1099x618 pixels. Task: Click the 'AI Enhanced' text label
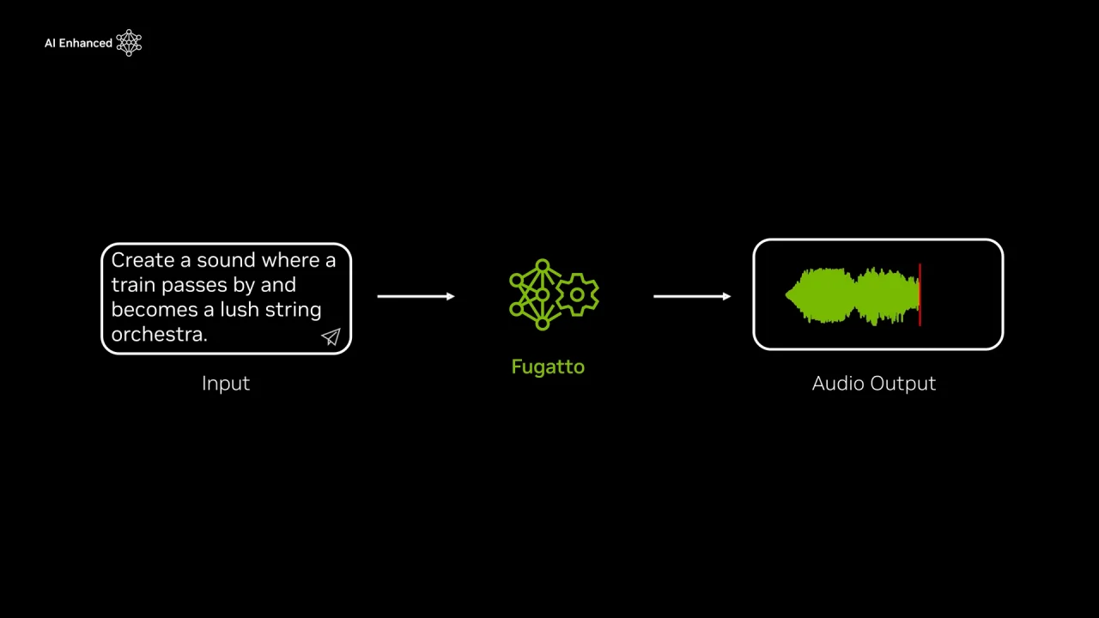pyautogui.click(x=78, y=43)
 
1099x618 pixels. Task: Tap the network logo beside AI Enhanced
pyautogui.click(x=129, y=43)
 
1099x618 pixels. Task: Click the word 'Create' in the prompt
pyautogui.click(x=142, y=260)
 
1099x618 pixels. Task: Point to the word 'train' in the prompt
pyautogui.click(x=133, y=285)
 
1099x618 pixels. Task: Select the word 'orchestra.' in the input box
pyautogui.click(x=159, y=335)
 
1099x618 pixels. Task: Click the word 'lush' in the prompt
pyautogui.click(x=240, y=310)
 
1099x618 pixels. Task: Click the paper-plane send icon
pyautogui.click(x=331, y=337)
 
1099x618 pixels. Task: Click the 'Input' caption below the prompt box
pyautogui.click(x=226, y=384)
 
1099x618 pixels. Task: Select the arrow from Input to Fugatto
pyautogui.click(x=416, y=296)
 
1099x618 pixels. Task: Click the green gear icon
pyautogui.click(x=577, y=295)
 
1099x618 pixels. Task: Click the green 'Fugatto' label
pyautogui.click(x=548, y=367)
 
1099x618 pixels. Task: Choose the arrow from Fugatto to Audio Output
pyautogui.click(x=692, y=296)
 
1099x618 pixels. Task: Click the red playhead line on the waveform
pyautogui.click(x=920, y=295)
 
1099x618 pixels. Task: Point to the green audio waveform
pyautogui.click(x=850, y=296)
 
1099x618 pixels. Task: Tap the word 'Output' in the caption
pyautogui.click(x=904, y=384)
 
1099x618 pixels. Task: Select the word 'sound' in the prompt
pyautogui.click(x=226, y=260)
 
